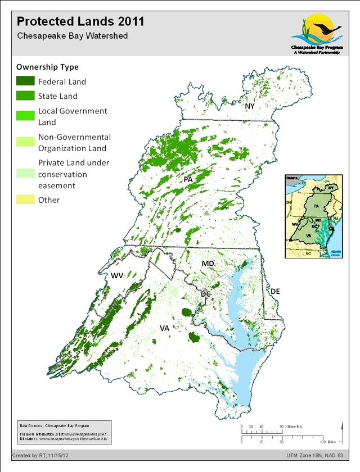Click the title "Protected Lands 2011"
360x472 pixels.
point(80,21)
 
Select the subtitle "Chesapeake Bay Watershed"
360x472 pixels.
point(72,36)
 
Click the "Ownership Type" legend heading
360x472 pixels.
point(47,67)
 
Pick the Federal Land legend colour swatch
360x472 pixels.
point(24,81)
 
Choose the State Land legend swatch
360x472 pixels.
point(24,96)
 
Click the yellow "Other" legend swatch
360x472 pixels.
point(24,200)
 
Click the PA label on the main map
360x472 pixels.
point(188,179)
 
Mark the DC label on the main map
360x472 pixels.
point(206,294)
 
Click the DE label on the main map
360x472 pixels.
point(275,292)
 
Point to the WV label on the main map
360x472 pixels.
point(116,275)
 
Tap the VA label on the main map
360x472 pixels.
point(164,328)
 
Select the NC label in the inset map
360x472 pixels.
point(307,253)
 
